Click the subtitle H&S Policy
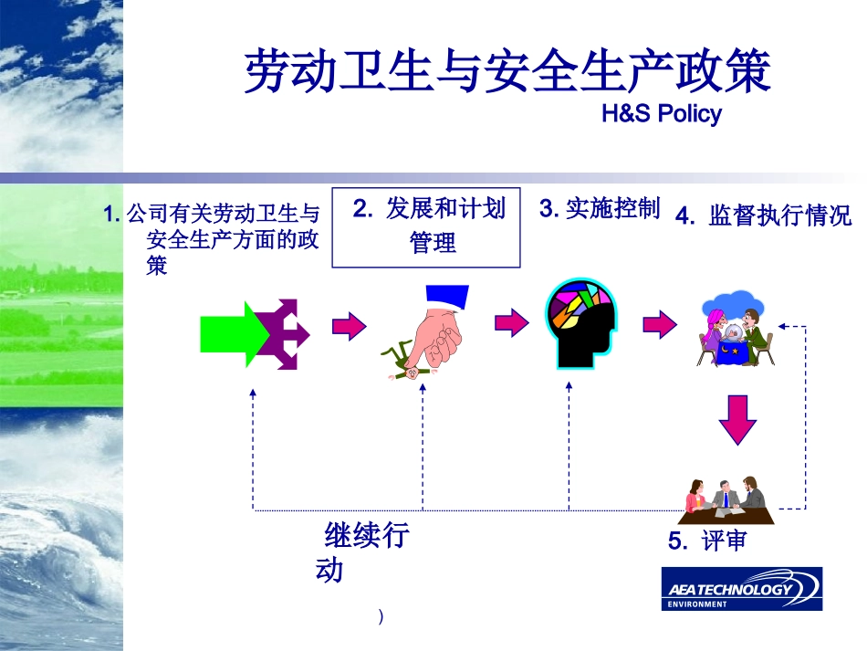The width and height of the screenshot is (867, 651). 662,113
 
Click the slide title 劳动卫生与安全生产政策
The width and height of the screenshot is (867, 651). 507,71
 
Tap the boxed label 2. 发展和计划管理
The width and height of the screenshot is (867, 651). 426,227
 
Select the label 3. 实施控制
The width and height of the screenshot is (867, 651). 600,208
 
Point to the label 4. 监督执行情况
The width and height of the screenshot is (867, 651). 763,215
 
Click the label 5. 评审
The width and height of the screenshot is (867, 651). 707,541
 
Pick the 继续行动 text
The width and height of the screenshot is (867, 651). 362,552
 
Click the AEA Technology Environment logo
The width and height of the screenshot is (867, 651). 742,589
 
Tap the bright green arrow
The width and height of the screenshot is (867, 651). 232,334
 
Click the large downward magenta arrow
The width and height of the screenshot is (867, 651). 737,420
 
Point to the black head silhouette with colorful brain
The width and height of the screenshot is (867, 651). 580,323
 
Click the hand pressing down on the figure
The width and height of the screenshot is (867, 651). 440,326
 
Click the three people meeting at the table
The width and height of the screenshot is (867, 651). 726,500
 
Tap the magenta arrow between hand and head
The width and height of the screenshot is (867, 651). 511,322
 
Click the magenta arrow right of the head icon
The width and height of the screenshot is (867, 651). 660,323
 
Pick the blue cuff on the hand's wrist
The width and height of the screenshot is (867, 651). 447,297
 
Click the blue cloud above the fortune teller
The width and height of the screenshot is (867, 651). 733,305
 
